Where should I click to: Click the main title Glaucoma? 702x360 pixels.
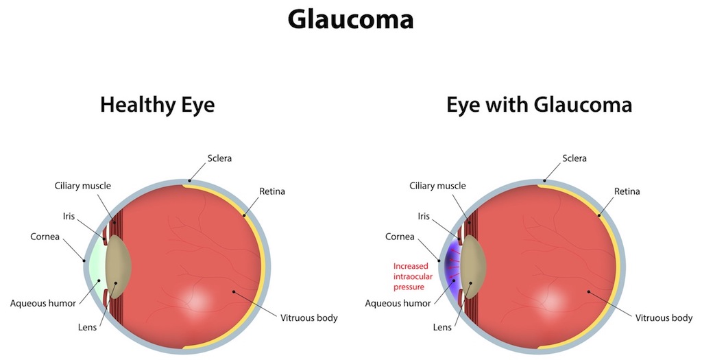click(350, 20)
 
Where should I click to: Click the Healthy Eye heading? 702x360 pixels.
click(157, 105)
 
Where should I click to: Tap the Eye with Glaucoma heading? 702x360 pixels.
click(539, 105)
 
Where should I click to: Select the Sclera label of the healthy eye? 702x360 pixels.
click(219, 158)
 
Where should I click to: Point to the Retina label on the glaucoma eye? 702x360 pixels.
click(627, 191)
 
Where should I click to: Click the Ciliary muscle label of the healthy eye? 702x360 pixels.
click(82, 186)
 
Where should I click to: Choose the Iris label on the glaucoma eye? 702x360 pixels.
click(424, 216)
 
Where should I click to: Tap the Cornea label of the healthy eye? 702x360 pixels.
click(45, 237)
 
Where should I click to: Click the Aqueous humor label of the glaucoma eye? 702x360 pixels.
click(398, 303)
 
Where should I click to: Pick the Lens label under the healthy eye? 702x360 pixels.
click(87, 327)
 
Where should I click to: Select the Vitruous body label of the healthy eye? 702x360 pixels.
click(309, 318)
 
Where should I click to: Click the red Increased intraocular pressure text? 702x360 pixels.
click(413, 276)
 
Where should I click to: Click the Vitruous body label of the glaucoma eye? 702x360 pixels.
click(664, 318)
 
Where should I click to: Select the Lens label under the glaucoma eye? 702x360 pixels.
click(442, 327)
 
